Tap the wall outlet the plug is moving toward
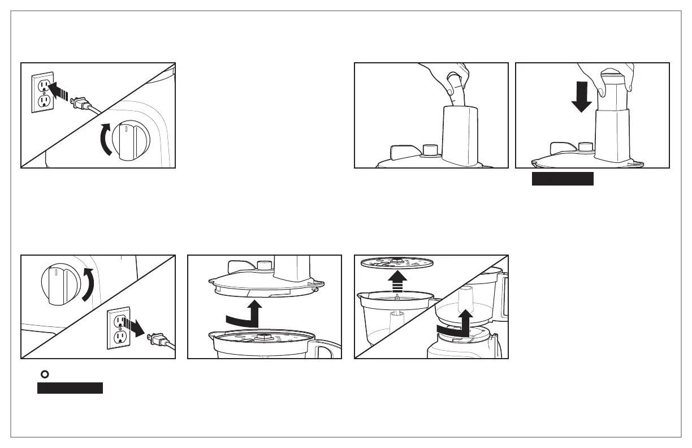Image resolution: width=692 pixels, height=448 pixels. [42, 92]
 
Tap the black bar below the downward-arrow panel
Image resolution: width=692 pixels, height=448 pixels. [563, 179]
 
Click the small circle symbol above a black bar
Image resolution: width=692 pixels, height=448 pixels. [42, 374]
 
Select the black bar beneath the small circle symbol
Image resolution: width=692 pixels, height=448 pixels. [70, 388]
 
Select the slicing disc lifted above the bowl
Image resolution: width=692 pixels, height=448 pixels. [396, 262]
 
